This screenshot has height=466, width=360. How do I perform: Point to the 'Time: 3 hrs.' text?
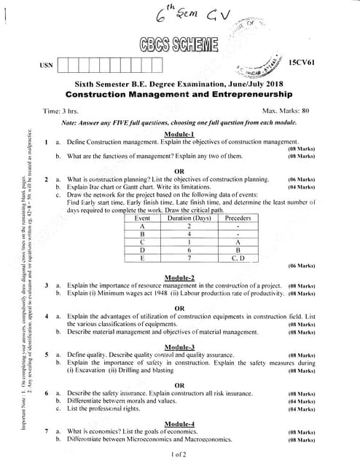point(61,111)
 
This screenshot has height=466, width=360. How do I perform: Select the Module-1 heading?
point(179,135)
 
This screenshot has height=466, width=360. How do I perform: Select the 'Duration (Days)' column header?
point(189,218)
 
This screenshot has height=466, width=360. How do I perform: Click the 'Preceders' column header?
point(238,218)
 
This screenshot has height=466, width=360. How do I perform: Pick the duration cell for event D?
point(189,249)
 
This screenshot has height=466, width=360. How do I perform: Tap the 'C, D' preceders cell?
point(238,257)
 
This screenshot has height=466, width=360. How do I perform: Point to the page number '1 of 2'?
point(179,454)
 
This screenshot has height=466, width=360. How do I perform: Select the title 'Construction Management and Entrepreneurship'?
point(179,95)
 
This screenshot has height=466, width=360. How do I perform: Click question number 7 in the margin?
point(46,431)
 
